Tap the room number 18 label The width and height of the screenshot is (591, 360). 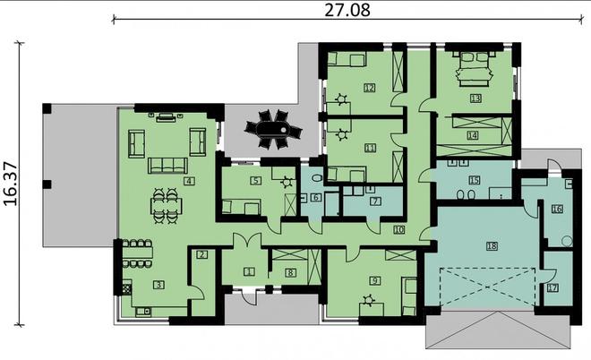point(492,245)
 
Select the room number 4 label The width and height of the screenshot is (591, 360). point(189,181)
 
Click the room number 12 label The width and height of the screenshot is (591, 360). point(369,88)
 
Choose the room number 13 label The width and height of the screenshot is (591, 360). point(475,98)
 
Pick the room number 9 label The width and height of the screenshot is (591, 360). point(374,280)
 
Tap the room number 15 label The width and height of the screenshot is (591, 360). point(475,180)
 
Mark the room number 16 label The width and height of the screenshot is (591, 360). point(557,209)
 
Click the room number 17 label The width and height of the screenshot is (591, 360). point(552,287)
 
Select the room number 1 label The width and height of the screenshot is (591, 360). point(249,270)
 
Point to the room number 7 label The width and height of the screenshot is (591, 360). point(376,201)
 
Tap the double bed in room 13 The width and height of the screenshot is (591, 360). point(475,67)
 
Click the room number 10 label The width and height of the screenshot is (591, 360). point(398,230)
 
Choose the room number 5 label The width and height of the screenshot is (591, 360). point(255,180)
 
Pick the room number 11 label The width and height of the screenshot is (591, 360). point(369,147)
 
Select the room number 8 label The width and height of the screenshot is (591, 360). point(289,271)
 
